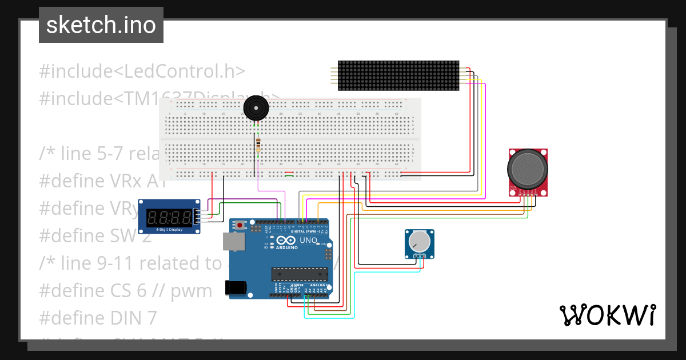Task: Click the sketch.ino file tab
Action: pos(101,25)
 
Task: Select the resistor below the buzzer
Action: pos(258,145)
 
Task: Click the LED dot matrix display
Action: pos(398,75)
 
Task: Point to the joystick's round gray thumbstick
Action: pos(528,169)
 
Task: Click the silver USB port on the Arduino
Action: pos(233,242)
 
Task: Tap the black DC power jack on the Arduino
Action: pos(237,287)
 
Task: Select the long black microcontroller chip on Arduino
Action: pos(300,275)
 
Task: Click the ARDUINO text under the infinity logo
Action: pos(288,249)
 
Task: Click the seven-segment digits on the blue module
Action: pos(169,217)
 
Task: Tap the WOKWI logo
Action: pos(607,315)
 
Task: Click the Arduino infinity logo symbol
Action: pos(288,241)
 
